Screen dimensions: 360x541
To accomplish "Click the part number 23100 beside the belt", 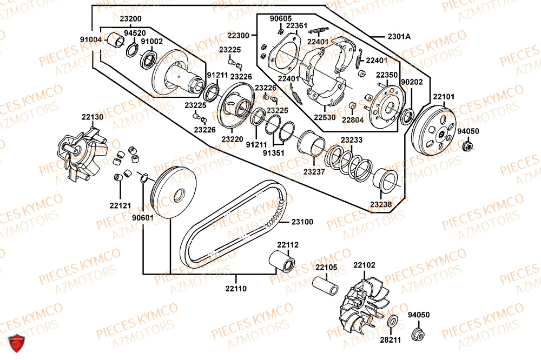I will tap(302, 222).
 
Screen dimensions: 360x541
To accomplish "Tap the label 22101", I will tap(444, 97).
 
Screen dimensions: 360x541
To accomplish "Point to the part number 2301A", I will tap(399, 36).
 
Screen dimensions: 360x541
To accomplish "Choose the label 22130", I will tap(93, 117).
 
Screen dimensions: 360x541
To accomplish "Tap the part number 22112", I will tap(288, 244).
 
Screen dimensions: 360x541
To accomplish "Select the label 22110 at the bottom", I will tap(236, 289).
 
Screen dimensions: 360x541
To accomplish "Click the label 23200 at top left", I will tap(131, 18).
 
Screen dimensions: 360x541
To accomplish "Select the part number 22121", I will tap(120, 205).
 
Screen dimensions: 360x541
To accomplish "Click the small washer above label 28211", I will tap(392, 319).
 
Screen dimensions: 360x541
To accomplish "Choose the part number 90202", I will tap(410, 82).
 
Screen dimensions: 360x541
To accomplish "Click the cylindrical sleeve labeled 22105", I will tap(327, 285).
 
